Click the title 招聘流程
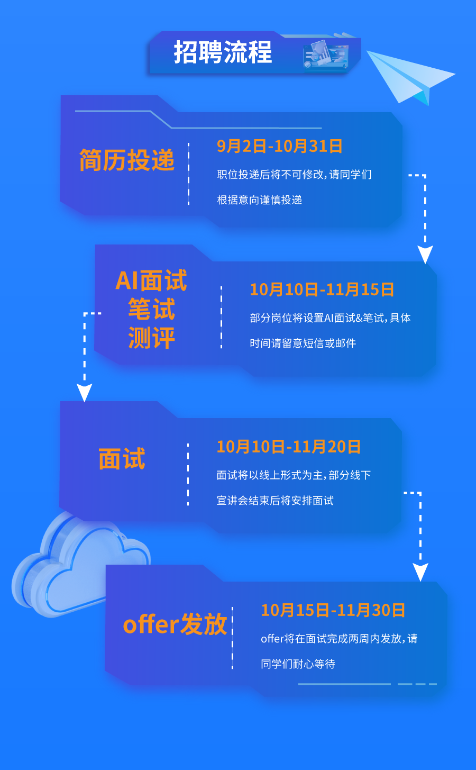click(x=223, y=53)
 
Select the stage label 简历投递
click(x=127, y=160)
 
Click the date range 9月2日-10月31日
click(x=280, y=146)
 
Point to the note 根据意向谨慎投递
click(x=259, y=200)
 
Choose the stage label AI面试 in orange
click(x=151, y=281)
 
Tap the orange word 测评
click(x=151, y=338)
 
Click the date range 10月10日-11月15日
click(x=322, y=289)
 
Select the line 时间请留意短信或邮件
click(x=303, y=343)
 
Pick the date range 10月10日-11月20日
click(x=289, y=447)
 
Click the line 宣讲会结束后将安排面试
click(x=275, y=501)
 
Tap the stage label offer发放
click(x=175, y=624)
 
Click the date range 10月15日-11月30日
click(x=333, y=610)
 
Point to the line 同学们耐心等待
click(x=298, y=664)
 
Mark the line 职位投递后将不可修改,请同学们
click(x=294, y=175)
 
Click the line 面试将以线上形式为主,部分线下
click(x=294, y=475)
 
